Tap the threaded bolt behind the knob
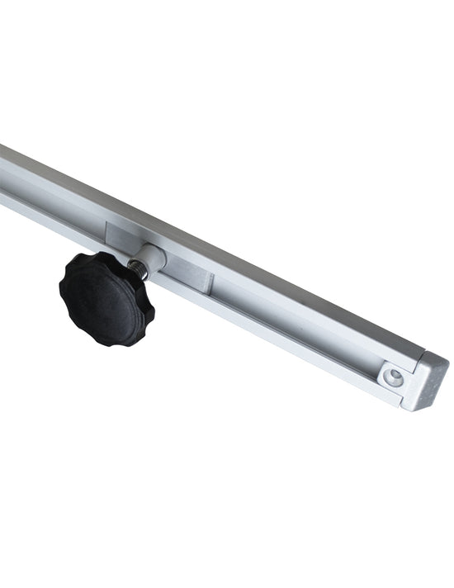point(137,268)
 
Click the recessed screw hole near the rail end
point(395,377)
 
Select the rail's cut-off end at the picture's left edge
point(3,173)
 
